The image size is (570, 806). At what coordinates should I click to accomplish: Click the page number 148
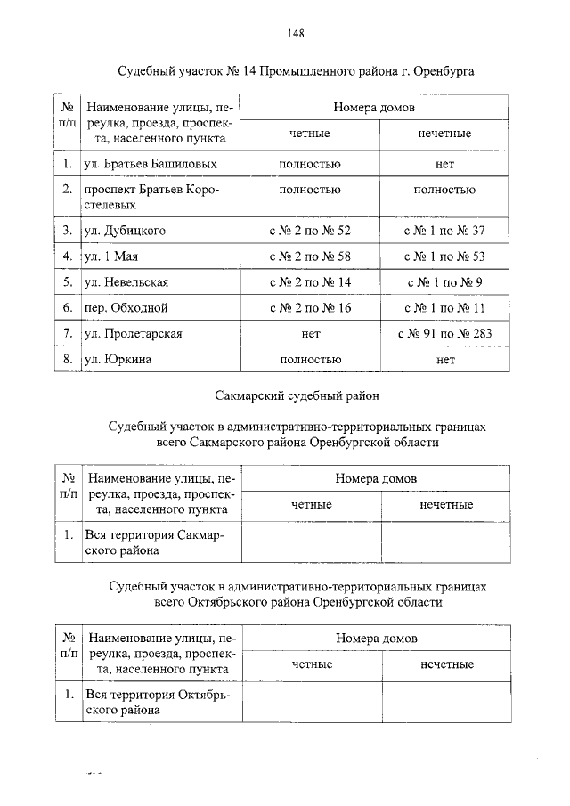coord(296,34)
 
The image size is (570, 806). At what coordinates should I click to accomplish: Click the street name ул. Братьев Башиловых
coord(150,165)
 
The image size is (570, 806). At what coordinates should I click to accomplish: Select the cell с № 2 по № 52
coord(310,231)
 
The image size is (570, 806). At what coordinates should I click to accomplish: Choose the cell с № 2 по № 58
coord(310,256)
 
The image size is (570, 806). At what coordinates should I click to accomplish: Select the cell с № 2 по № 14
coord(310,282)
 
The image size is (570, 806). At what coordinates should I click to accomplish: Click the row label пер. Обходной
coord(126,308)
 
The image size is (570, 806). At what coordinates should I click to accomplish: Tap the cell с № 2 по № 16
coord(310,308)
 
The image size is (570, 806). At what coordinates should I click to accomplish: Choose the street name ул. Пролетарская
coord(133,334)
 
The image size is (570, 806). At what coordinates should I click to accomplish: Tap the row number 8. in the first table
coord(67,360)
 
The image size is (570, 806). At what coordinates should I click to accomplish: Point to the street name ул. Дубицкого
coord(124,231)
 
